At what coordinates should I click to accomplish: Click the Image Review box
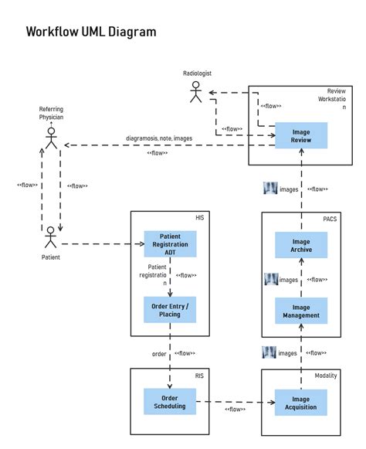coord(301,135)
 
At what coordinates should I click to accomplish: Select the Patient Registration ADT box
coord(171,244)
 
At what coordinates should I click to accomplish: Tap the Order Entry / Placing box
coord(170,310)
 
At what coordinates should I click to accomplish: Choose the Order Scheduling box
coord(170,401)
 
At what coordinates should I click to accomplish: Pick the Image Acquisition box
coord(301,403)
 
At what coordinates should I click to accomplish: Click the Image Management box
coord(301,311)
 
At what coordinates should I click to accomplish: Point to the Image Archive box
coord(301,245)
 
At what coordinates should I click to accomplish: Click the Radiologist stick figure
coord(195,92)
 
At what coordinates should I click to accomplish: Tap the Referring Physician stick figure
coord(51,138)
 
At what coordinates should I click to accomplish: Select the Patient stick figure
coord(51,237)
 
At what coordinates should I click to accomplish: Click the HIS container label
coord(200,218)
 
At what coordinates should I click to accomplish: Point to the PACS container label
coord(330,219)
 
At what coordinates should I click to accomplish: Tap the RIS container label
coord(199,376)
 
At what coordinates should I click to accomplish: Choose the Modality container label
coord(326,376)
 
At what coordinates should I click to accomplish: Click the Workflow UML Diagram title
coord(91,32)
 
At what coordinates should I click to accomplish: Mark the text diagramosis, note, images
coord(159,138)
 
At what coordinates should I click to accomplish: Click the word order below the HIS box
coord(159,354)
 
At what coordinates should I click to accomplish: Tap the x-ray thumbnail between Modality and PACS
coord(269,352)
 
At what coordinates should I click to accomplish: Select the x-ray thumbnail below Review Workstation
coord(270,188)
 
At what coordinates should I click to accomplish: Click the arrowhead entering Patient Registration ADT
coord(141,244)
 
